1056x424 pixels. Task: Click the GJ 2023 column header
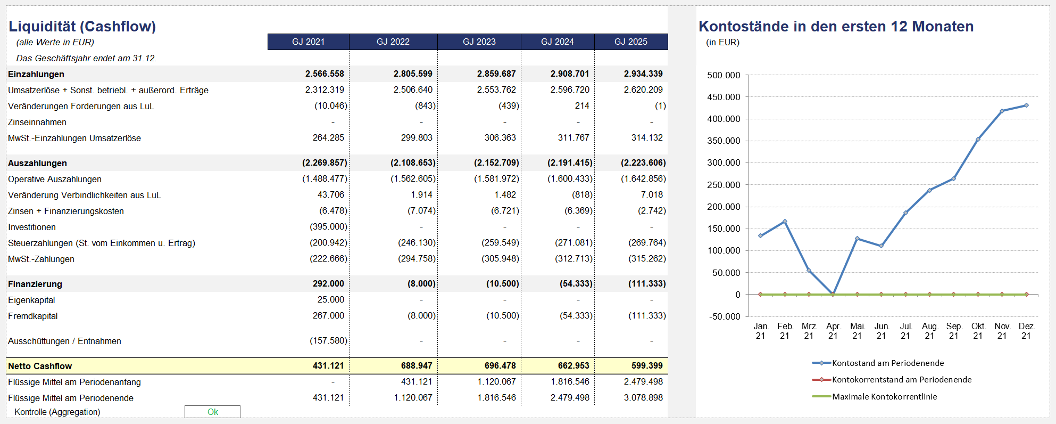coord(479,42)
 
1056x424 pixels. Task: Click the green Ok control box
coord(212,412)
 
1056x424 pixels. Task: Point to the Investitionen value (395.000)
coord(328,227)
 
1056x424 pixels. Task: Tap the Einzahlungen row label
coord(36,75)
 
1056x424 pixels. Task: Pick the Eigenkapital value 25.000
coord(331,300)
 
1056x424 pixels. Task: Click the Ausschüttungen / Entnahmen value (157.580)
coord(328,341)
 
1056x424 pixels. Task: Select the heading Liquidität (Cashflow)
coord(82,26)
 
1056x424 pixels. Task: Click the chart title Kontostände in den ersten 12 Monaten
coord(836,26)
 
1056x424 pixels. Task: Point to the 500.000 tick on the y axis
coord(724,75)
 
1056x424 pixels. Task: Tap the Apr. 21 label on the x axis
coord(833,331)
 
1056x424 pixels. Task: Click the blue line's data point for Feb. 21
coord(785,222)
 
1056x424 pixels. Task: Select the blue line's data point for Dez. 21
coord(1026,105)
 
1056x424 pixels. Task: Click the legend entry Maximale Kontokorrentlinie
coord(875,397)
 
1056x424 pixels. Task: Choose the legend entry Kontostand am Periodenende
coord(878,363)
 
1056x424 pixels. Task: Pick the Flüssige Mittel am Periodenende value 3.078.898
coord(643,398)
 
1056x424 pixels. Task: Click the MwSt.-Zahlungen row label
coord(41,259)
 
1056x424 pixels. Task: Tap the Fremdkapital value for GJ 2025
coord(647,316)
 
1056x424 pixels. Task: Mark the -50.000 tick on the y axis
coord(725,316)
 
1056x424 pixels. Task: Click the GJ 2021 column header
coord(308,42)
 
